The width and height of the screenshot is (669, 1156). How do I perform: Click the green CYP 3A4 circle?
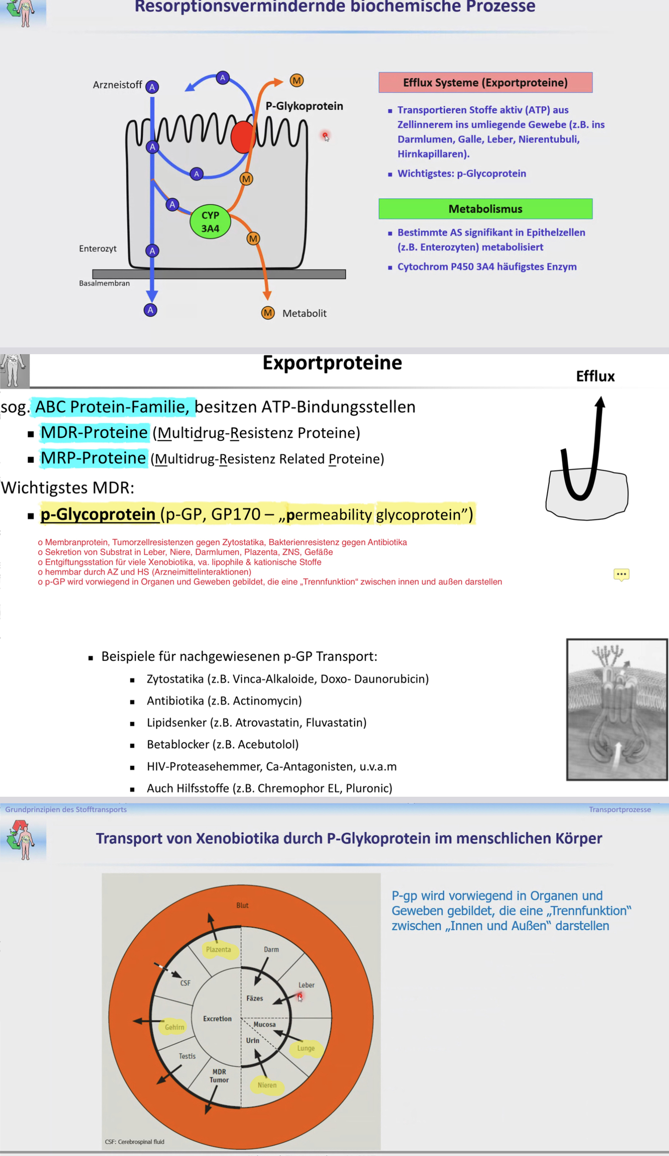click(x=210, y=222)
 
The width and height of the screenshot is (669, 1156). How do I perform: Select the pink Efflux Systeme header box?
click(x=485, y=83)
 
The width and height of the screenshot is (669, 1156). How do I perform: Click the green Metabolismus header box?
click(x=485, y=209)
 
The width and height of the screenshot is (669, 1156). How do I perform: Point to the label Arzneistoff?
click(x=117, y=85)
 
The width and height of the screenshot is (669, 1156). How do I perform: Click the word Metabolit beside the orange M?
click(x=304, y=313)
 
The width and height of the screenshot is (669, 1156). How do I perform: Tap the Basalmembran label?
click(x=104, y=283)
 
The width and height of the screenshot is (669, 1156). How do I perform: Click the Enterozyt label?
click(x=98, y=249)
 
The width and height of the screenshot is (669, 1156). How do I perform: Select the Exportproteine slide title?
click(x=332, y=363)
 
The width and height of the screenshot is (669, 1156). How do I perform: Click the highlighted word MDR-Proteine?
click(x=94, y=432)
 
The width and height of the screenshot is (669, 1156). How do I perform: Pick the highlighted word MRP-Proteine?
click(x=93, y=458)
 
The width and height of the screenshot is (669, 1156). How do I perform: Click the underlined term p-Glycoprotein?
click(x=98, y=515)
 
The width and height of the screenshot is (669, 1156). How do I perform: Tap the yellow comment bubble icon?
click(x=621, y=574)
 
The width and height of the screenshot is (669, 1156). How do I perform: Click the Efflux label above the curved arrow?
click(x=595, y=377)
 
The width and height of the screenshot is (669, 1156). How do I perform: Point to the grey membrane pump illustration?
click(x=616, y=709)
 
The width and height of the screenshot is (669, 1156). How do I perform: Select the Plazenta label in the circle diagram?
click(x=219, y=949)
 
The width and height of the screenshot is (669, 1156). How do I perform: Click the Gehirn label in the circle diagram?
click(x=175, y=1027)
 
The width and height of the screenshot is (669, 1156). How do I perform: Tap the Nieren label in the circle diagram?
click(x=267, y=1085)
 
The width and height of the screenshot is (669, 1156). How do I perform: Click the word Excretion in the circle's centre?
click(x=217, y=1019)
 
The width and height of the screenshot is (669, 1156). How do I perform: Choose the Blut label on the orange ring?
click(x=242, y=905)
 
